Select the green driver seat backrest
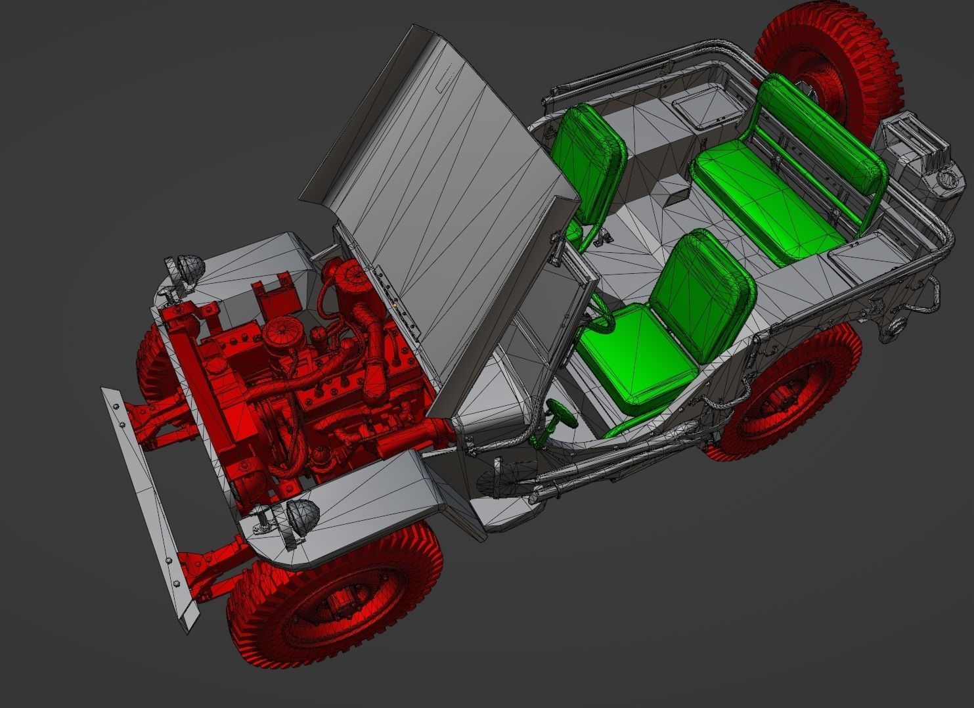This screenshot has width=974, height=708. (x=703, y=289)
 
